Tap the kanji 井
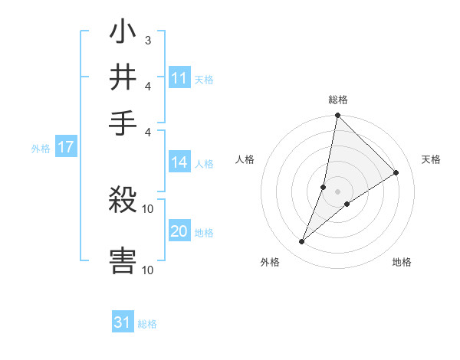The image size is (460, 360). (123, 77)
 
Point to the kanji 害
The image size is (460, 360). (123, 260)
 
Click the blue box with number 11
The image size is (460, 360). (179, 78)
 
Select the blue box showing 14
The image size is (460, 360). (179, 162)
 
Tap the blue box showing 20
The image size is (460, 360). (179, 232)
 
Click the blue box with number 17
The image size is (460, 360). (65, 148)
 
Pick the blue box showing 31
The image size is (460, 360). (123, 322)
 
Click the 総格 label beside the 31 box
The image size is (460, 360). (147, 324)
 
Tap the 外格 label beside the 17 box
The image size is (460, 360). (40, 149)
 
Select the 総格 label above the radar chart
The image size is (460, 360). (338, 100)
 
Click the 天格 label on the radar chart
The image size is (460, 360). (432, 159)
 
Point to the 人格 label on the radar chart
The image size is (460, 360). (245, 159)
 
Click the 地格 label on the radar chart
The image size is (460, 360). (402, 262)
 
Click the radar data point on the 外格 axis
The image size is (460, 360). (302, 242)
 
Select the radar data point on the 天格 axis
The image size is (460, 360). (396, 173)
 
